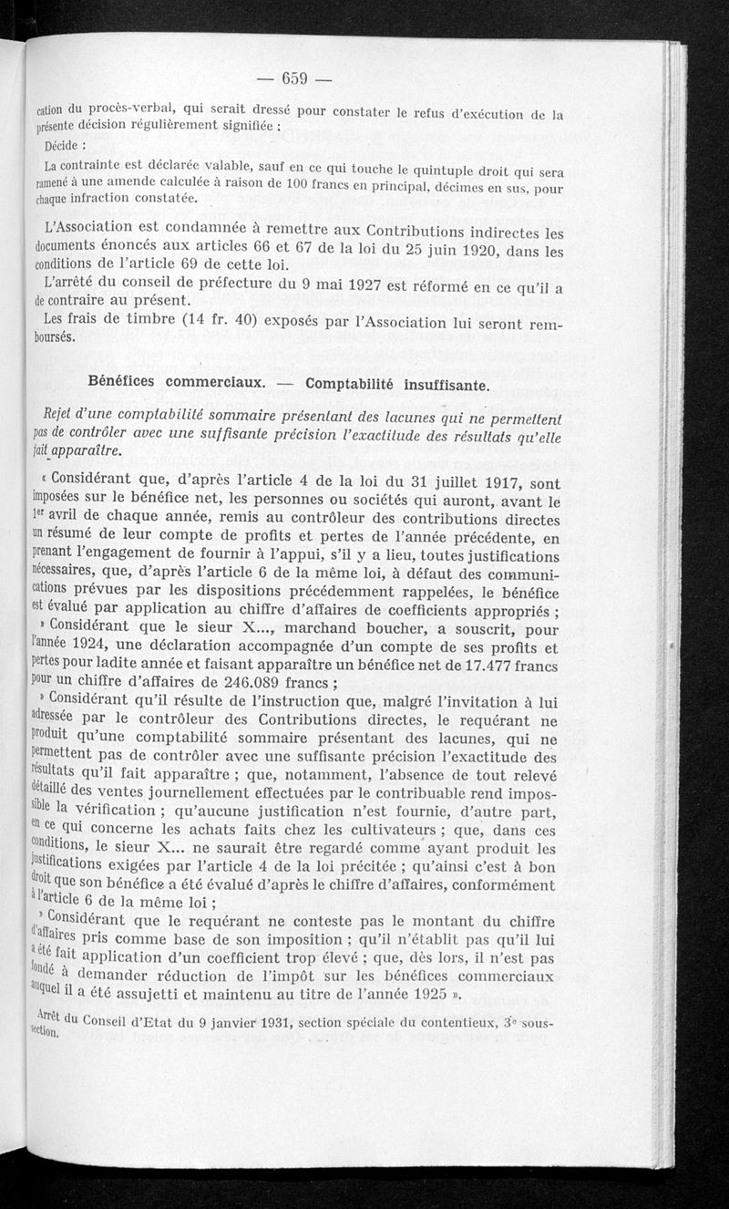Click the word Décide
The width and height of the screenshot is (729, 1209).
click(64, 144)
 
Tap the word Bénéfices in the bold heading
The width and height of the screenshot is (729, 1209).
click(128, 382)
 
